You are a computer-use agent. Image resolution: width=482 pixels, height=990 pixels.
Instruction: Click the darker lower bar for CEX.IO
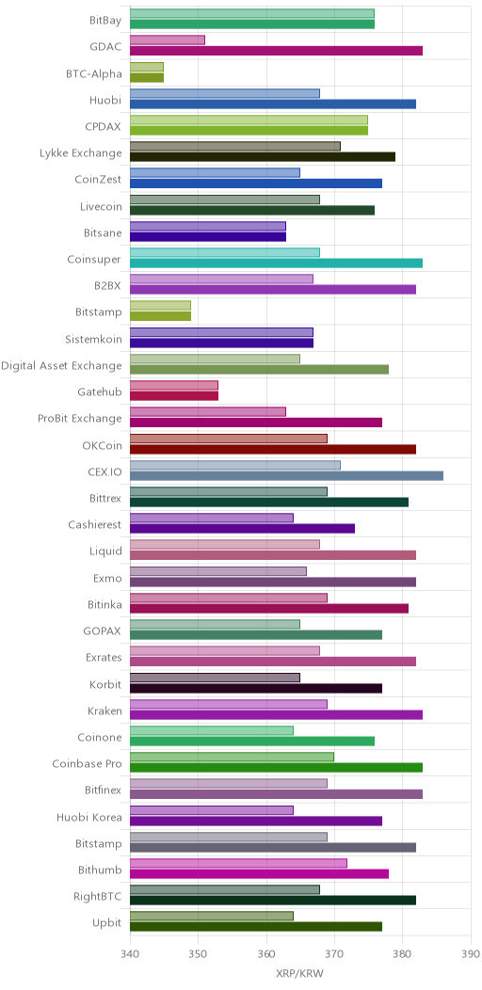tap(286, 475)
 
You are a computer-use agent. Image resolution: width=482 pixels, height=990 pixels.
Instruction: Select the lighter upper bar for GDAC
tap(168, 40)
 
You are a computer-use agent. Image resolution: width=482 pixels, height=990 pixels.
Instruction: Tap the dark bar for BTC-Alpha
tap(147, 78)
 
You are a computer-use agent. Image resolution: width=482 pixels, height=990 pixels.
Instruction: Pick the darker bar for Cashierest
tap(243, 529)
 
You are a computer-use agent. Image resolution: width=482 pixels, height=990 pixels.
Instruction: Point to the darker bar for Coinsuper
tap(276, 263)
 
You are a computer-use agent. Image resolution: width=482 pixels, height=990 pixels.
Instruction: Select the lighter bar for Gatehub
tap(174, 385)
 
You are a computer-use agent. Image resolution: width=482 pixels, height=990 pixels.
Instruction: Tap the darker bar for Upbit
tap(256, 927)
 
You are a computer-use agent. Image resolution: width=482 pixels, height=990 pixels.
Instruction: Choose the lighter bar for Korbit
tap(215, 678)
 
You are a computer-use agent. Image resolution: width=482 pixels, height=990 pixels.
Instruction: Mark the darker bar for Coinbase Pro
tap(276, 768)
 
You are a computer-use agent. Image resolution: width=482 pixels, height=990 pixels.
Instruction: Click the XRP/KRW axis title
tap(300, 973)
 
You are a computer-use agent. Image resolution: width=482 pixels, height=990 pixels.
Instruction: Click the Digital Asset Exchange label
tap(61, 365)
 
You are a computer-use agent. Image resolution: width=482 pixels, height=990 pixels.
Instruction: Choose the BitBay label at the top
tap(105, 21)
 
